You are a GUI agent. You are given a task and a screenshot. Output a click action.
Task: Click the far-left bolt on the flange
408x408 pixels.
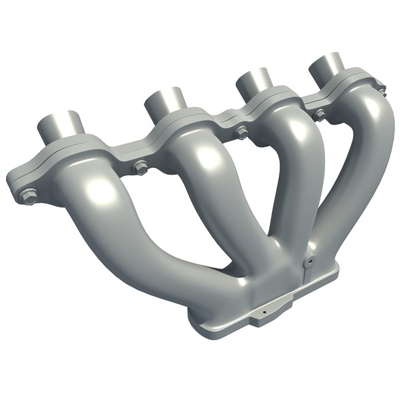[28, 195]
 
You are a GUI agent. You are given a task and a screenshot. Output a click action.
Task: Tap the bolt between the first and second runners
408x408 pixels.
[140, 165]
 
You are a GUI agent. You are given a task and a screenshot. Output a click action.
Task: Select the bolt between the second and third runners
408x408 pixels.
[241, 133]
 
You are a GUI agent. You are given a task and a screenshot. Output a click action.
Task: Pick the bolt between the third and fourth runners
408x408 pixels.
[319, 114]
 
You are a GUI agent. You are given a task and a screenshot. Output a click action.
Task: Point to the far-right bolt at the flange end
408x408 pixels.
[381, 88]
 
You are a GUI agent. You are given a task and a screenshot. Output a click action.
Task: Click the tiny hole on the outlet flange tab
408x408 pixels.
[261, 315]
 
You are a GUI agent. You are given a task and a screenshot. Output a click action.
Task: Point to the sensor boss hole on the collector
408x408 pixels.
[308, 260]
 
